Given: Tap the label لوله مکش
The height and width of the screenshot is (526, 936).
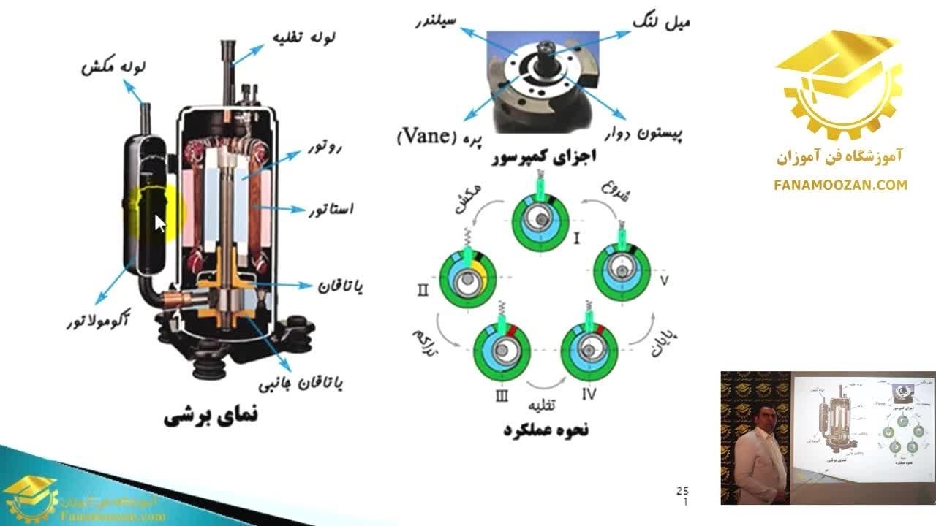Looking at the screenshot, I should (114, 68).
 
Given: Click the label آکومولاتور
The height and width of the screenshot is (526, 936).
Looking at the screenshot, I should (94, 322).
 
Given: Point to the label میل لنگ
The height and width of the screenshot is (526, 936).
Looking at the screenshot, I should (662, 23).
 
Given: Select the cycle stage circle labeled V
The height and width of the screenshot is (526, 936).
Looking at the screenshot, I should (621, 271).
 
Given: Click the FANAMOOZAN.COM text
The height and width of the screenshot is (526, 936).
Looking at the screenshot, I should (840, 186).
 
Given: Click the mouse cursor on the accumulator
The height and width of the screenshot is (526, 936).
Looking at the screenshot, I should (160, 222).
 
